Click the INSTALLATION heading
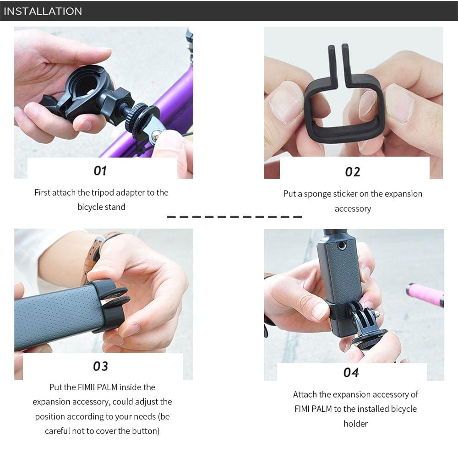pos(43,11)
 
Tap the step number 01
pos(100,170)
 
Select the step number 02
pos(352,172)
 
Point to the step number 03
pos(100,366)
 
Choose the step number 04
pos(351,372)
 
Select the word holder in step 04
pos(355,424)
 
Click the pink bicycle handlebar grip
pos(425,294)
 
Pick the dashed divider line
pos(234,216)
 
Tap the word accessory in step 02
pos(352,208)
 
